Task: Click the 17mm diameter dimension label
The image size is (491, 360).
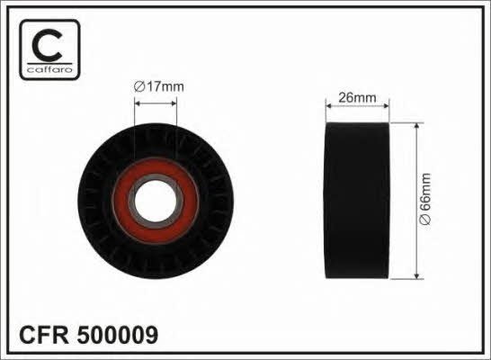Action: [x=159, y=86]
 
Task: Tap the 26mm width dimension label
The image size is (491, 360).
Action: [x=357, y=98]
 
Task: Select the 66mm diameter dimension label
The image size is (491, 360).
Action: [x=425, y=199]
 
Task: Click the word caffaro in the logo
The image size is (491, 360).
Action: [x=49, y=69]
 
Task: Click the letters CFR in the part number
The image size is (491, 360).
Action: [x=44, y=335]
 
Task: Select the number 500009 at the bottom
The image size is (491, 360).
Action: [x=118, y=335]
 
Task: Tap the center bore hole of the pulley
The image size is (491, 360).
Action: [x=156, y=201]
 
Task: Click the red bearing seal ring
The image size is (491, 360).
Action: [x=156, y=201]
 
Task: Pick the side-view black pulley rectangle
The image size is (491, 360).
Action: [x=358, y=201]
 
